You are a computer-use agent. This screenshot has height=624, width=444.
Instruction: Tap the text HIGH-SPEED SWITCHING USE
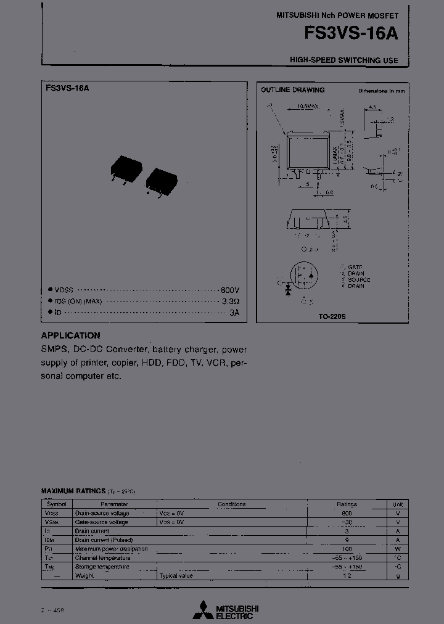click(344, 60)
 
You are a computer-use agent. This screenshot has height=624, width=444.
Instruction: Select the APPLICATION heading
click(70, 335)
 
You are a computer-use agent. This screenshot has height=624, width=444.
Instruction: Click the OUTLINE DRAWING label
click(292, 90)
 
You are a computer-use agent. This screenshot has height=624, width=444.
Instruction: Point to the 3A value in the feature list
click(234, 313)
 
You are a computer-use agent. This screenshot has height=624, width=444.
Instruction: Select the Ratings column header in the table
click(346, 504)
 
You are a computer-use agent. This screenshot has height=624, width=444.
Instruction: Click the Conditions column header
click(231, 504)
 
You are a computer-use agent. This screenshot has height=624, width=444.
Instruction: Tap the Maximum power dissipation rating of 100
click(346, 549)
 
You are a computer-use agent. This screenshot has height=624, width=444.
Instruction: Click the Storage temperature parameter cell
click(102, 567)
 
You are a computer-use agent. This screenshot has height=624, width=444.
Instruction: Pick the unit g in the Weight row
click(398, 575)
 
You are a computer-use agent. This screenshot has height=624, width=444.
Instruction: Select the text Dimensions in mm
click(382, 91)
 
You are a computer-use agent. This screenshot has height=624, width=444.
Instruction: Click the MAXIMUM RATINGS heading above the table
click(73, 491)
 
